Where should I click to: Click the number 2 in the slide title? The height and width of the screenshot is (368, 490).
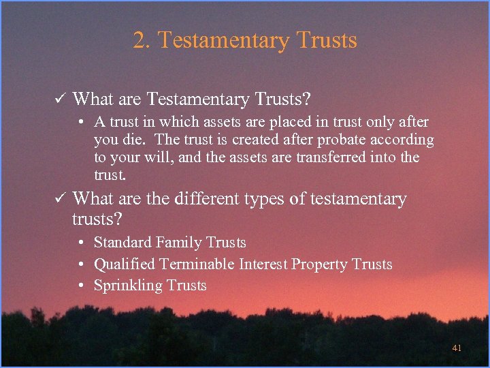point(140,41)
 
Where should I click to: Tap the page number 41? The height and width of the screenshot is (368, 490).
point(457,348)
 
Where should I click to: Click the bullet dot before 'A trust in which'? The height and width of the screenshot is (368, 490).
point(80,123)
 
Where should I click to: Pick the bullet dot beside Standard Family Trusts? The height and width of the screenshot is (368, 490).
point(80,243)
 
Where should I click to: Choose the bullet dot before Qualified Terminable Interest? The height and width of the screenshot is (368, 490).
point(80,264)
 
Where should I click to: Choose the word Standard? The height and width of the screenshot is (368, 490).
point(122,243)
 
